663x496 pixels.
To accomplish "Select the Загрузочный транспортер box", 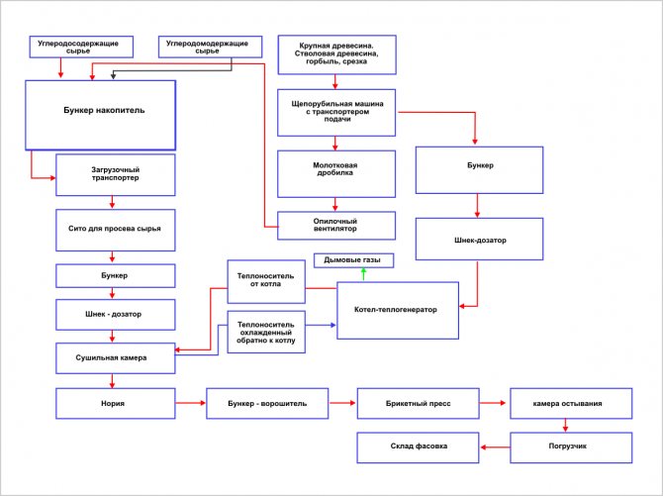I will [115, 177].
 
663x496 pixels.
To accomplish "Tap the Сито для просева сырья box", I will [115, 228].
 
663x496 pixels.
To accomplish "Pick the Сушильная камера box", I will [115, 357].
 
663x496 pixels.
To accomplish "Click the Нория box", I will [115, 404].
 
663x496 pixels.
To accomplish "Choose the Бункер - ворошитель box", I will [266, 404].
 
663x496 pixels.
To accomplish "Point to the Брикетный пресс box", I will [418, 404].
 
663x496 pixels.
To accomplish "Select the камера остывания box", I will [569, 404].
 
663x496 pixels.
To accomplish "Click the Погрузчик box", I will [569, 447].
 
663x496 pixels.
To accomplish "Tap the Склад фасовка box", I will [418, 447].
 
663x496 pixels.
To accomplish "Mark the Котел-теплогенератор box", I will [398, 310].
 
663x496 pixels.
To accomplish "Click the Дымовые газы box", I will [353, 259].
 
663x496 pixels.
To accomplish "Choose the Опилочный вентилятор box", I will [337, 225].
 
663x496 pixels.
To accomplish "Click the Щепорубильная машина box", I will [337, 113].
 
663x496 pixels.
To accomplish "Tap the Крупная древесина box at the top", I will [336, 54].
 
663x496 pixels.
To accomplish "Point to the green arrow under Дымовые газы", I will [347, 274].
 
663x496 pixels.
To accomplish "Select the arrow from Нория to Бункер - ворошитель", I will [190, 404].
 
